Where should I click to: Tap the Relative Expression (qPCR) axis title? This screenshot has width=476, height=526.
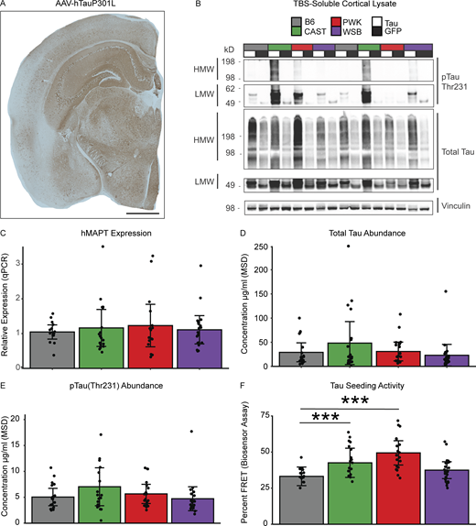pos(9,306)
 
